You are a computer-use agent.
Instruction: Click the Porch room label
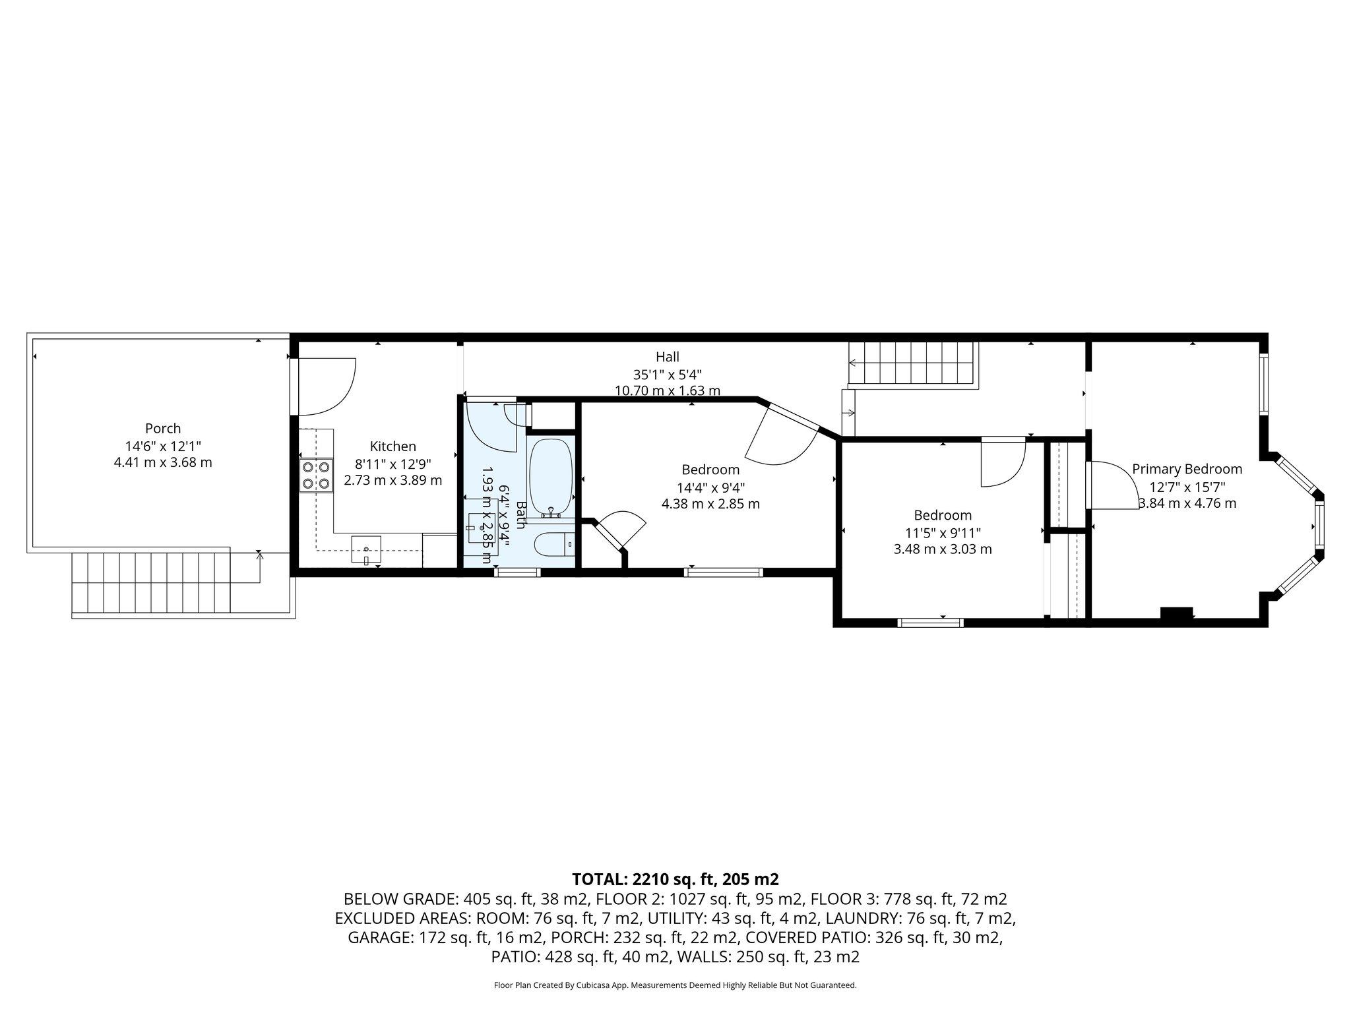pos(163,429)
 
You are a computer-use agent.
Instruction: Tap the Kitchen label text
pos(393,446)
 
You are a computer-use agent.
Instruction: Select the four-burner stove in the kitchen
pos(315,476)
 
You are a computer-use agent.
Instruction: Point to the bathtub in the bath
pos(550,477)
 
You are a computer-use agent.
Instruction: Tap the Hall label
pos(667,357)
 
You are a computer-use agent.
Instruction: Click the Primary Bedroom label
pos(1187,469)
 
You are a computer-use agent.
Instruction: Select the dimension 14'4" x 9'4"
pos(710,487)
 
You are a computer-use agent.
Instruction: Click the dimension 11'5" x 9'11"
pos(943,532)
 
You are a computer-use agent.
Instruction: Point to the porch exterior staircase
pos(151,582)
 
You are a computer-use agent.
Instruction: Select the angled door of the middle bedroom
pos(782,435)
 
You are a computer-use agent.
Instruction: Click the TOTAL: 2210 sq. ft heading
pos(675,879)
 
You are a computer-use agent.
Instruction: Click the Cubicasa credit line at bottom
pos(675,985)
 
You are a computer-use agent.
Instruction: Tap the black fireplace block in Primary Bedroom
pos(1176,613)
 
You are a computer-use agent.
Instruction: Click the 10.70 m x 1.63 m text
pos(667,390)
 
